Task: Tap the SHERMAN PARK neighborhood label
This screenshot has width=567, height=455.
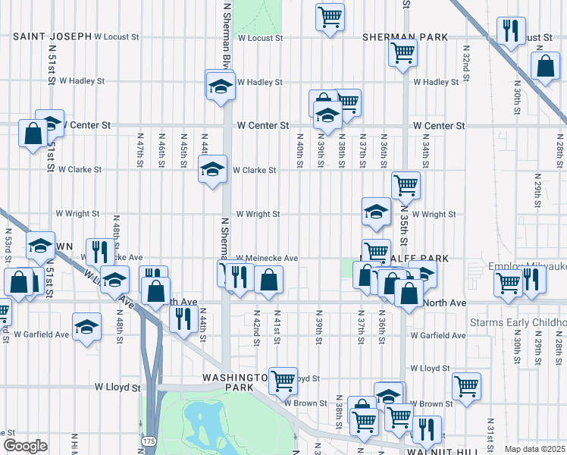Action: coord(405,36)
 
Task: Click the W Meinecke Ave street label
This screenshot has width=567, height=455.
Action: coord(266,258)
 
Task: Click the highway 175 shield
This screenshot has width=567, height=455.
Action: coord(147,440)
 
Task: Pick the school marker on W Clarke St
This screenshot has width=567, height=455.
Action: coord(212,169)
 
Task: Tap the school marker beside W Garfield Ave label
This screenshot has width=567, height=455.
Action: coord(87,327)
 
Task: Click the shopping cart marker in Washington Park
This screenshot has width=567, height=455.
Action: coord(283,380)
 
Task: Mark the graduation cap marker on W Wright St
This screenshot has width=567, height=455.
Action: coord(376,212)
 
